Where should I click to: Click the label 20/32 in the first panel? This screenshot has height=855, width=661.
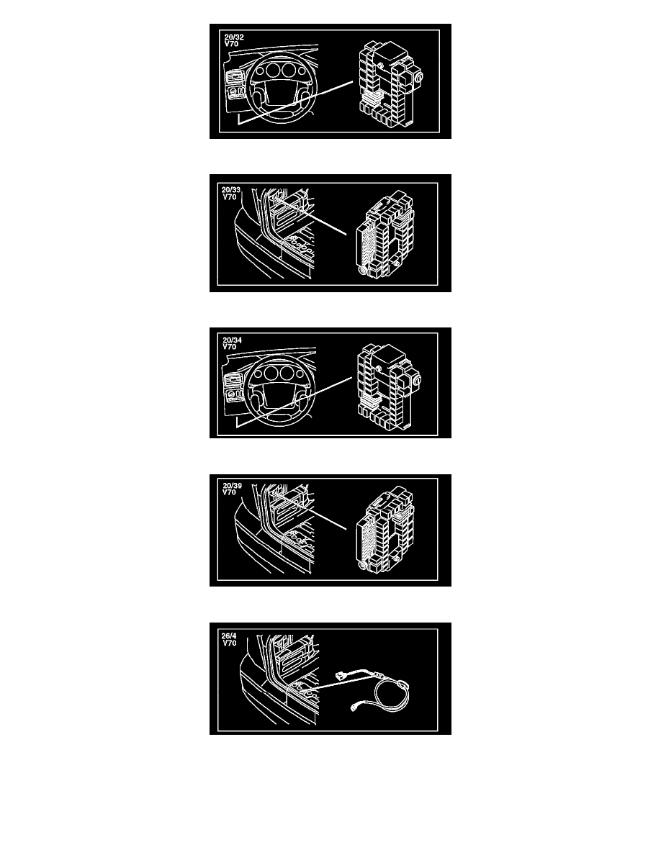234,37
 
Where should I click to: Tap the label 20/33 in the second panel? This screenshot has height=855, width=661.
230,190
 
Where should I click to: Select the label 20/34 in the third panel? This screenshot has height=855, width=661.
232,340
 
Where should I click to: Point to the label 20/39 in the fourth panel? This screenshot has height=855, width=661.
232,486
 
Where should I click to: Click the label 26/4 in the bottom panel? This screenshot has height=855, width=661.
229,635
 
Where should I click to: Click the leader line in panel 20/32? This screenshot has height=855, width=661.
295,103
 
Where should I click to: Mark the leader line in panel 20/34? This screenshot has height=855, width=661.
294,402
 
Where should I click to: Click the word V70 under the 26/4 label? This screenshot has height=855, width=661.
230,643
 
